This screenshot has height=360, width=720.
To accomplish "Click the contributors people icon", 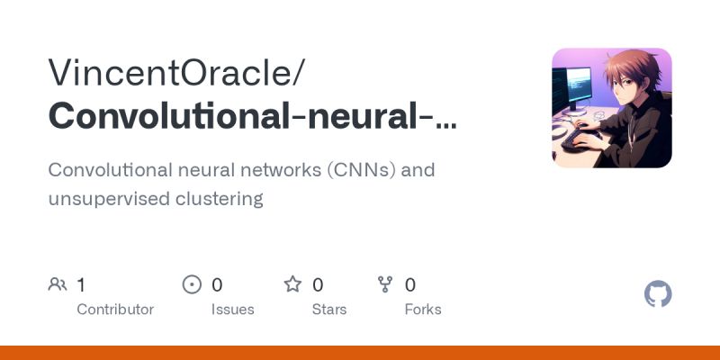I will [x=58, y=285].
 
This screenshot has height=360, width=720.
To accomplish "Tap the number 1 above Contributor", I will [x=81, y=285].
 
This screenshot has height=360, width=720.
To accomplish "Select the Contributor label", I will [x=115, y=310].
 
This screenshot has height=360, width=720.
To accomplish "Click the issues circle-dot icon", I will [x=192, y=285].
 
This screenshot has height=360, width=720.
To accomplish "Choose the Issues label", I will [x=233, y=310].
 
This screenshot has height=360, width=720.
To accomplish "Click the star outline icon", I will [x=292, y=285].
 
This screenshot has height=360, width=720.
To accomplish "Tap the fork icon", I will [x=385, y=285].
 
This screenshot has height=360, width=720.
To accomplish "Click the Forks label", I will [x=423, y=310].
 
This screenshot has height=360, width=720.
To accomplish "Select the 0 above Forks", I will [x=410, y=285].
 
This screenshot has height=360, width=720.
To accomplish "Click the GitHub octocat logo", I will [x=659, y=294].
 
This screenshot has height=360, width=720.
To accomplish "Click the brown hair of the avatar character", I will [x=625, y=72].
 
